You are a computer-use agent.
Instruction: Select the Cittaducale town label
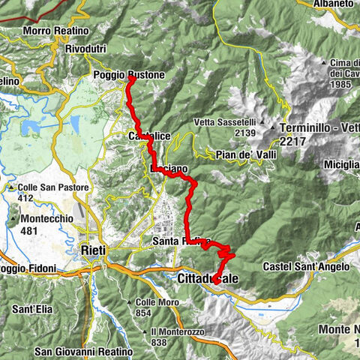point(209,278)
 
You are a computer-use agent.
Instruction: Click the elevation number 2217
point(293,139)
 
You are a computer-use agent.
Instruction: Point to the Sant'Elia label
point(31,309)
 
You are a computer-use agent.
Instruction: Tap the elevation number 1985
point(342,83)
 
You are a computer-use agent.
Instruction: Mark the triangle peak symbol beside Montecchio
point(14,219)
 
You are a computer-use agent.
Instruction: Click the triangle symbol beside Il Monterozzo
point(143,331)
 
